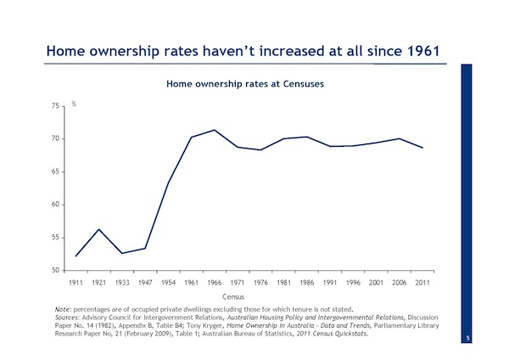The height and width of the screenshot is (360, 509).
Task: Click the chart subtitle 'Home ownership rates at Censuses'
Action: click(245, 84)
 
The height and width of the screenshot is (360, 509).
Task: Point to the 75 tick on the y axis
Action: click(55, 106)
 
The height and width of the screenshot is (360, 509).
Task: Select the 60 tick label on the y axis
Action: click(55, 205)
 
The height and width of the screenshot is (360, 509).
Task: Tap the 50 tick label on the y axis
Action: click(55, 270)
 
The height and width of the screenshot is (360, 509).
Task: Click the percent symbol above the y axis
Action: click(74, 104)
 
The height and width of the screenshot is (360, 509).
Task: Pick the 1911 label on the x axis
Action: click(76, 283)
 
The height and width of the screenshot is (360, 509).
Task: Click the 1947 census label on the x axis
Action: click(145, 283)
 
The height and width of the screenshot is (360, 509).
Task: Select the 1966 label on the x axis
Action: click(215, 283)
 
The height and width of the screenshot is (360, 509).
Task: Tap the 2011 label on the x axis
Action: click(422, 283)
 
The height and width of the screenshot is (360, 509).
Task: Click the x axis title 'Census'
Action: click(233, 296)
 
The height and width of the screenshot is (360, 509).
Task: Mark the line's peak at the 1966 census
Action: click(215, 130)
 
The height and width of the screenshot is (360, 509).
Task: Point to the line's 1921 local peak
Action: click(98, 229)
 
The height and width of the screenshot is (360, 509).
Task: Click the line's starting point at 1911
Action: click(76, 256)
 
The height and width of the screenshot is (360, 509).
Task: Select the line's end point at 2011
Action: click(422, 148)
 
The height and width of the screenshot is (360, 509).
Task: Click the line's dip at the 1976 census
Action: click(260, 149)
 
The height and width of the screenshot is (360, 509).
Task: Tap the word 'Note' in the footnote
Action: click(62, 309)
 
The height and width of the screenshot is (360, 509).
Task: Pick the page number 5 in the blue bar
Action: click(467, 338)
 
